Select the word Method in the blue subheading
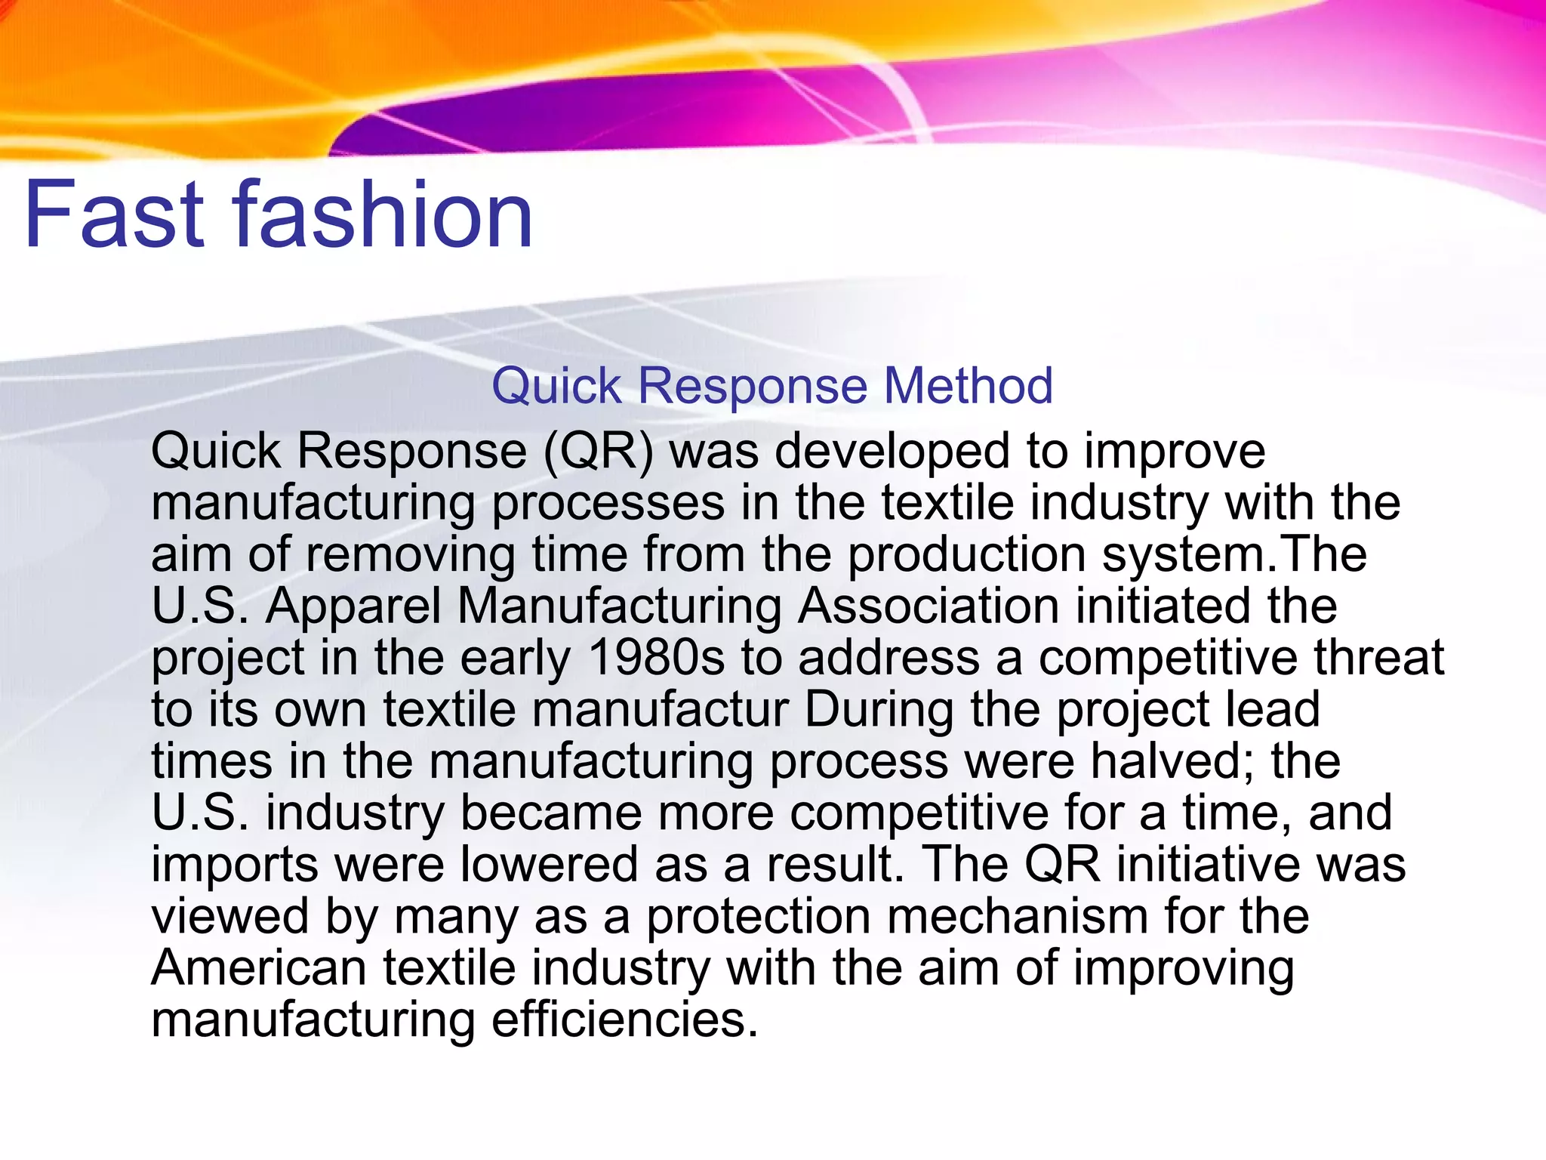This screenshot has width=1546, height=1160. coord(968,386)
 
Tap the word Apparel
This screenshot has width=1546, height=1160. coord(353,606)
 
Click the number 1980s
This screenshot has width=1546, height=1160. coord(656,658)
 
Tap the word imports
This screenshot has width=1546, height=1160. coord(235,865)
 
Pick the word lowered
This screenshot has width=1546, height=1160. coord(550,865)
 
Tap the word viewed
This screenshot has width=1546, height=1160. coord(230,917)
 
